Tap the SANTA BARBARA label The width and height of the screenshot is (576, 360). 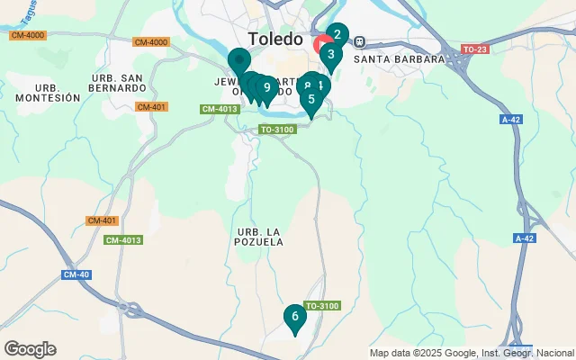400,59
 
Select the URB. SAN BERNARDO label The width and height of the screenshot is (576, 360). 118,82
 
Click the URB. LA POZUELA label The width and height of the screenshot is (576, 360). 260,236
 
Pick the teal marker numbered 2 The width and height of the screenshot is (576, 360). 337,36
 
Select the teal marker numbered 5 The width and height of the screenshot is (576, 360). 311,99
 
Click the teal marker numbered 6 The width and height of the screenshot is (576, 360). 294,316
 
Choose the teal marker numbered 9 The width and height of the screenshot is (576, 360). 266,87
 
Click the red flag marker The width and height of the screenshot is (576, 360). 321,43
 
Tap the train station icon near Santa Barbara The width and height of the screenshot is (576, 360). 360,41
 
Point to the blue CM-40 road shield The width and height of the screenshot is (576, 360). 76,274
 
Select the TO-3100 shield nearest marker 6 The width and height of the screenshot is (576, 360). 321,307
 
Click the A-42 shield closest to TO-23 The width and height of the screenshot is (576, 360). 509,118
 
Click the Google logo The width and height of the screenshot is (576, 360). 30,349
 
